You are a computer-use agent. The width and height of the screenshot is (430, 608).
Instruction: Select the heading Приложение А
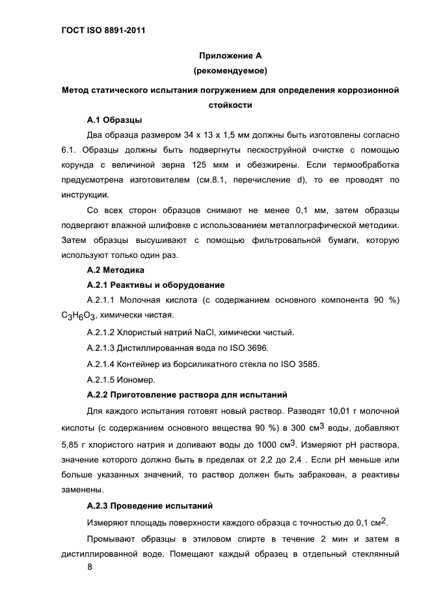click(230, 57)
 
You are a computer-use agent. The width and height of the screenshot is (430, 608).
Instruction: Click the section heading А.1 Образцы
click(114, 120)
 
